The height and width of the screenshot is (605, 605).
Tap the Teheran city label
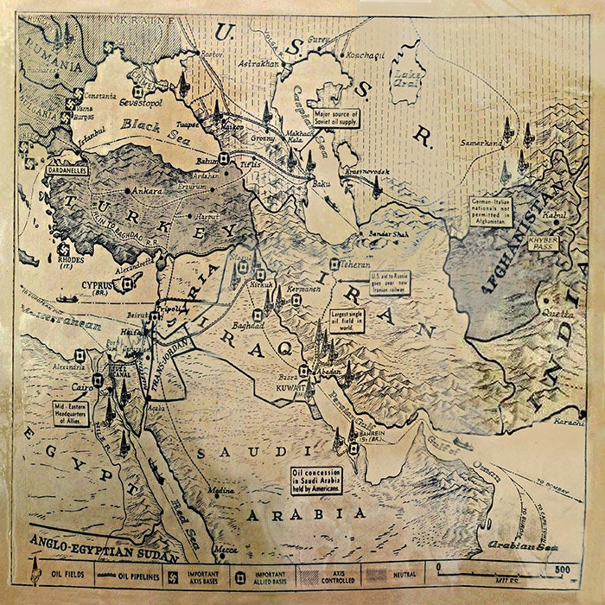point(353,264)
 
